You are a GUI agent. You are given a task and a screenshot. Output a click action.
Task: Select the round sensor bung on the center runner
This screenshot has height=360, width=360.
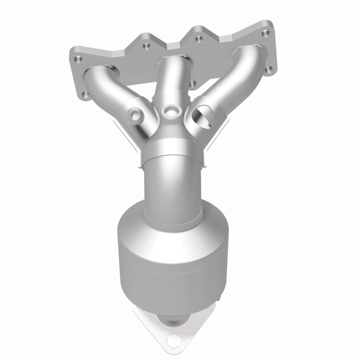pyautogui.click(x=170, y=110)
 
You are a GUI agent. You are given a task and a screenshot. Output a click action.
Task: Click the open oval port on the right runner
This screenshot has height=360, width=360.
pyautogui.click(x=201, y=118)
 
